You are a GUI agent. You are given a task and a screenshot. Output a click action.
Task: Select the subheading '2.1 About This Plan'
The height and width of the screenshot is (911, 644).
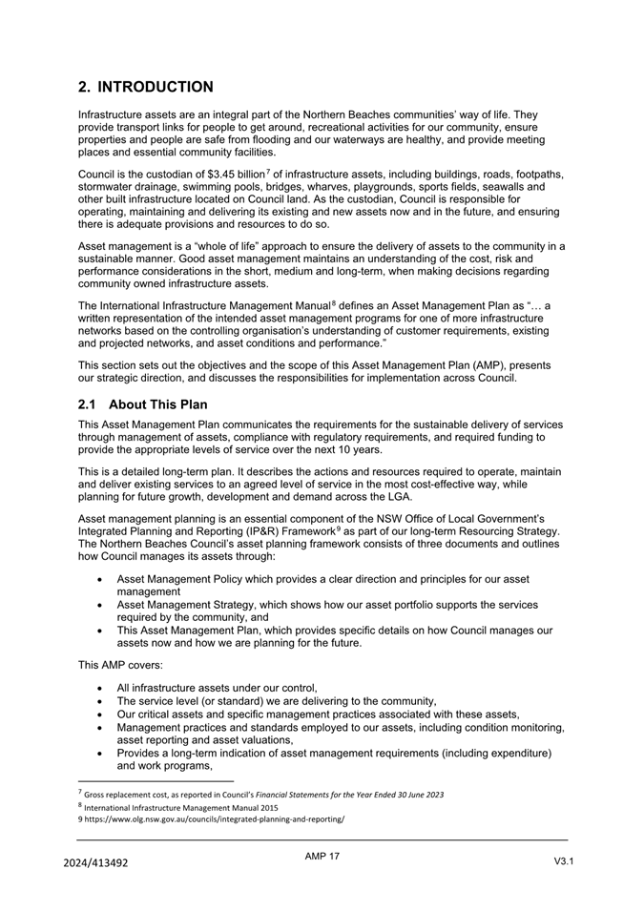142,404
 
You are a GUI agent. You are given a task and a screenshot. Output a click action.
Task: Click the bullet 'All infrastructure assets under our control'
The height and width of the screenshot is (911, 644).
217,687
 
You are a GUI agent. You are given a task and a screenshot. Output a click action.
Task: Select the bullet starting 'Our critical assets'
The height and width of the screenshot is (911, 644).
318,714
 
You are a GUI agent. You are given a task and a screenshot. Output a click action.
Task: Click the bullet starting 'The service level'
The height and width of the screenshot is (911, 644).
276,700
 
